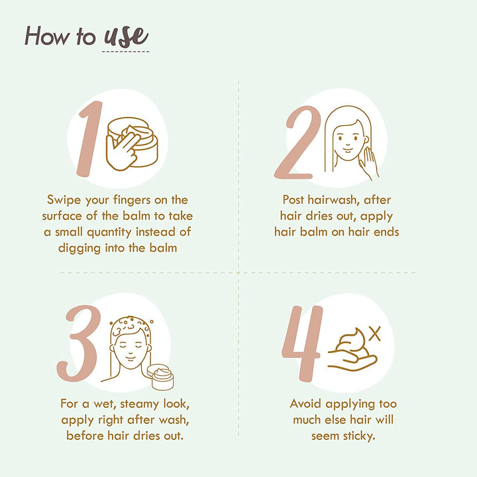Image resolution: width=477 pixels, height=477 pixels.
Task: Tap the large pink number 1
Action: pos(90,139)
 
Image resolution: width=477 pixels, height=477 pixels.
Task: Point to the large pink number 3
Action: pos(79,343)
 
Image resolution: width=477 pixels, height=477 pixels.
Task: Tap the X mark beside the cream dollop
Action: pos(375,334)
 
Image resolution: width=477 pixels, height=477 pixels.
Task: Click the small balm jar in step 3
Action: pos(160,377)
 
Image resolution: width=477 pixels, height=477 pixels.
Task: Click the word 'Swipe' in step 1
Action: pos(64,200)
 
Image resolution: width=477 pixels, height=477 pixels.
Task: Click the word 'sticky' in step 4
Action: pos(358,436)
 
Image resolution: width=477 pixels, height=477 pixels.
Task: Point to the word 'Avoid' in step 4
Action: pos(305,403)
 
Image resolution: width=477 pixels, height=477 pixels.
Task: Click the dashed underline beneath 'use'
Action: pos(126,52)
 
